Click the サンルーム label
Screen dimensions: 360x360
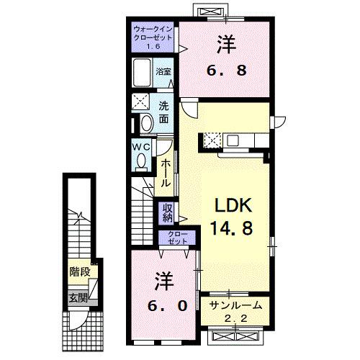[235, 306]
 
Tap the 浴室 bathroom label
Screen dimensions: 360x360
[163, 71]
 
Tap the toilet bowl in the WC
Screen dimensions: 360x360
[142, 159]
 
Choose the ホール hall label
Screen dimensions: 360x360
[165, 173]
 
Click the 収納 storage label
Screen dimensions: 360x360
[167, 212]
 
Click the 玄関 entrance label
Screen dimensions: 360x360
[78, 297]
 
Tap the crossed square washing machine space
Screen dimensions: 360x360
[141, 102]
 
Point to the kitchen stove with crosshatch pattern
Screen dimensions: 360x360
[214, 140]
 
